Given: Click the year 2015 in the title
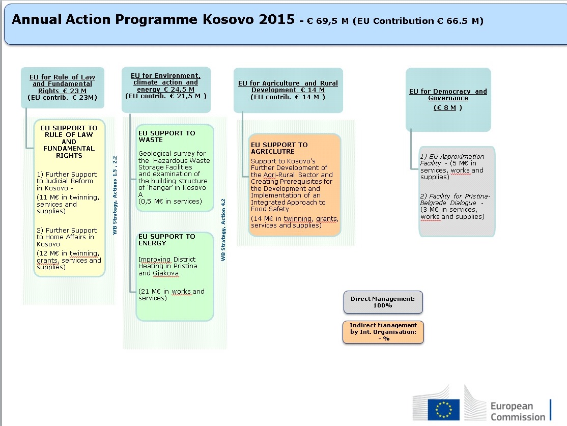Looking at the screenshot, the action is pos(277,19).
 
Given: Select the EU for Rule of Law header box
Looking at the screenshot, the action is pos(63,88).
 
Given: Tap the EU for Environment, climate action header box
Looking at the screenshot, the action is pos(166,90).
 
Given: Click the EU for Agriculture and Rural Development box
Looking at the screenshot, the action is pos(288,91).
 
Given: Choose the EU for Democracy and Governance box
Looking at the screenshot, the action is pos(448,100).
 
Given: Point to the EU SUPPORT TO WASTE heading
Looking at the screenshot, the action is pos(167,136).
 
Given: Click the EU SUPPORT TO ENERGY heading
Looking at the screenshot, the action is pos(167,240).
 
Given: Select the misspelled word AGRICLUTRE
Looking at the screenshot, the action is pos(273,152).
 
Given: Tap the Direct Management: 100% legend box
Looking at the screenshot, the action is pos(383,302).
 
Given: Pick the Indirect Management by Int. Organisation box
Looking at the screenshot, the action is pos(383,332).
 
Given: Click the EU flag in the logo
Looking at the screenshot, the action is pos(443,410).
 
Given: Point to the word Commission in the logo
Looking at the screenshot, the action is pos(518,417).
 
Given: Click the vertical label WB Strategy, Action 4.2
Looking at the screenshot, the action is pos(223,230).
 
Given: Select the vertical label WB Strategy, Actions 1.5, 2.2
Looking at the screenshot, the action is pos(115,195).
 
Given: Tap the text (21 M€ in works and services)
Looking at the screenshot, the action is pos(172,295).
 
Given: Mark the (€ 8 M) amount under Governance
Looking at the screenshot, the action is pos(448,108).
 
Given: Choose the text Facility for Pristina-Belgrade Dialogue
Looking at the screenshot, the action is pos(455,200).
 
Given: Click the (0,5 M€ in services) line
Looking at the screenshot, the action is pos(170,202).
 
